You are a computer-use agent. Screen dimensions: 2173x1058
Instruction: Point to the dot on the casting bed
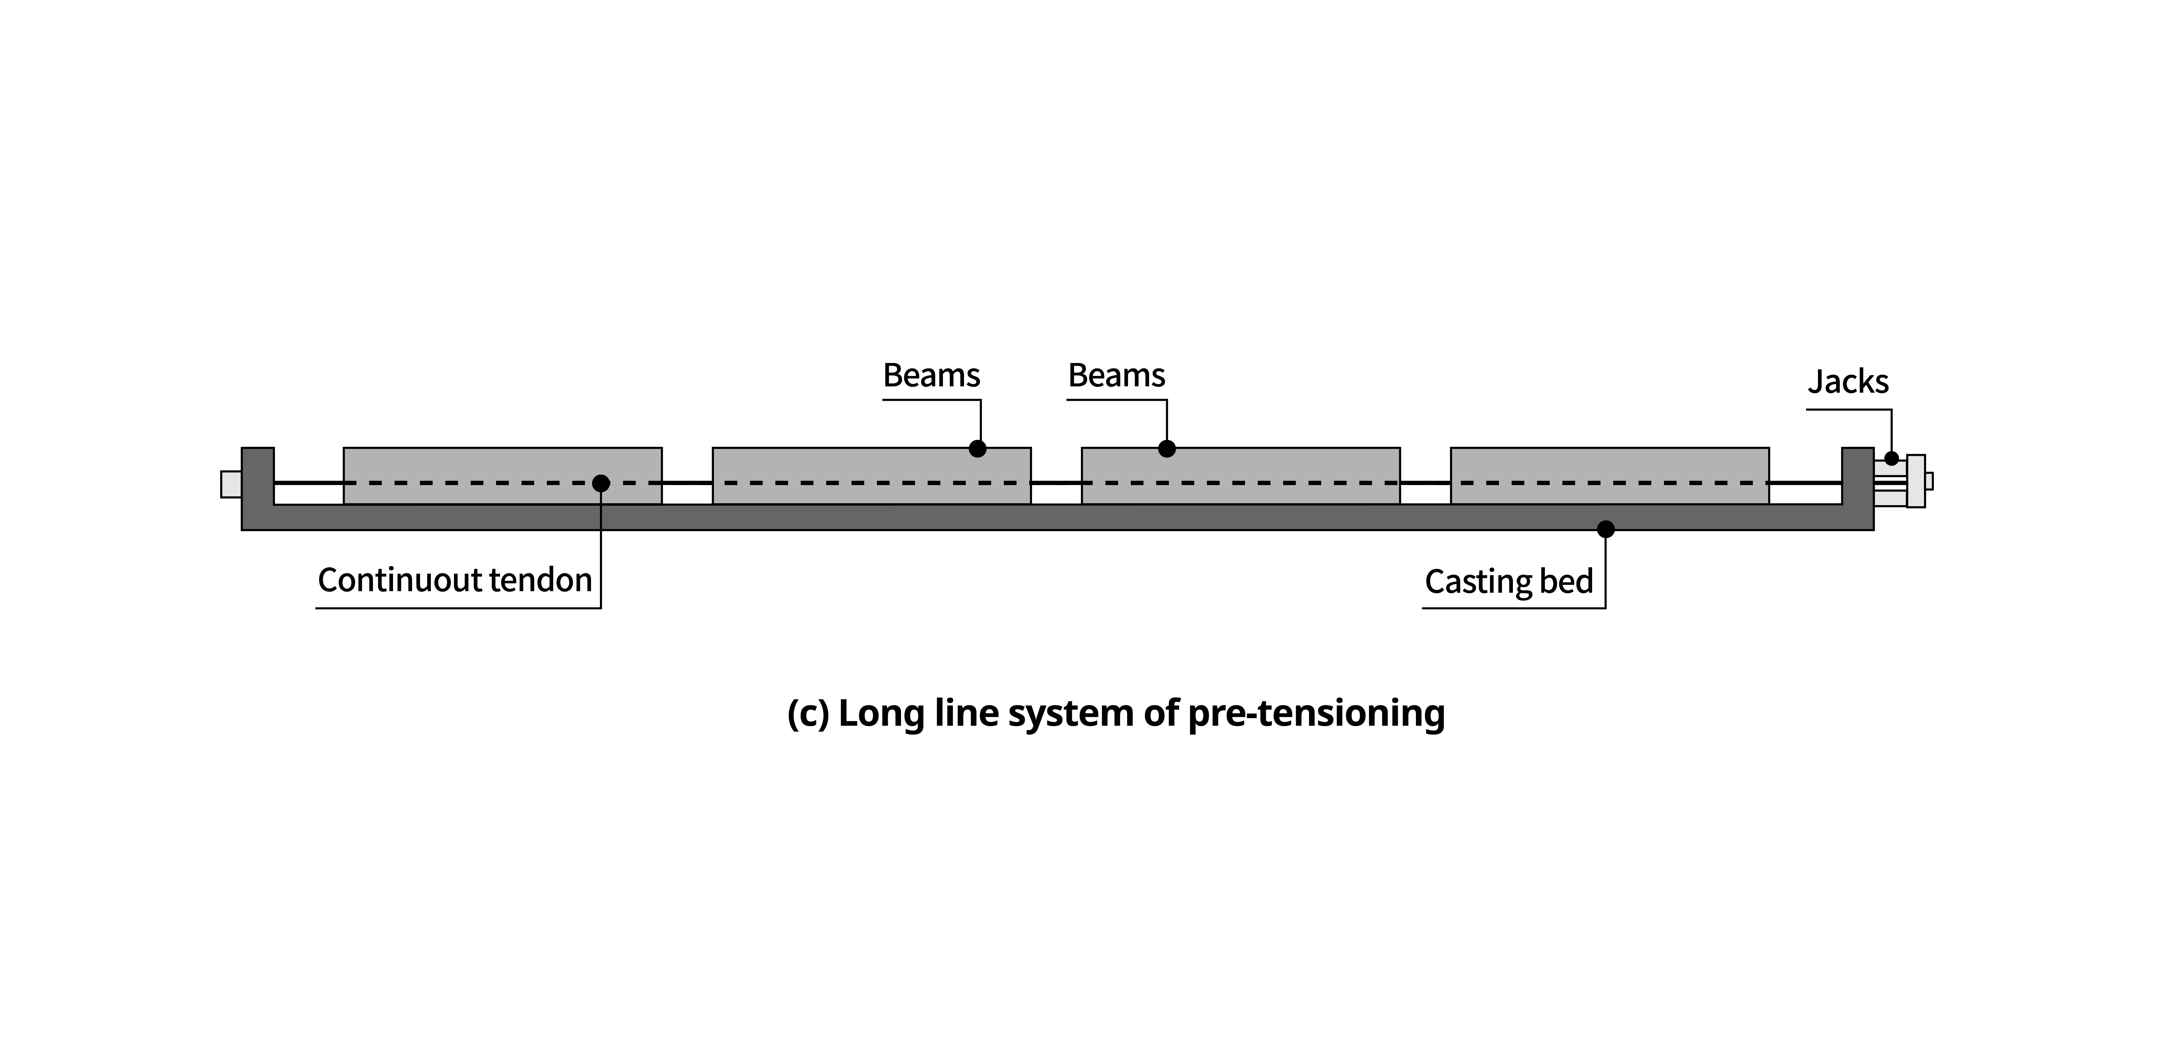[1605, 529]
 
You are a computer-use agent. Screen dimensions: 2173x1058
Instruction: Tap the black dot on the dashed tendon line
[601, 484]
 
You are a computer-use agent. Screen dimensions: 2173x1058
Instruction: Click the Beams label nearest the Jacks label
[1116, 375]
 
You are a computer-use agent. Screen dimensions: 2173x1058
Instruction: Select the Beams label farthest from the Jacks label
[931, 375]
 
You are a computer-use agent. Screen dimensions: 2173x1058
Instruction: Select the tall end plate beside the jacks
[1916, 481]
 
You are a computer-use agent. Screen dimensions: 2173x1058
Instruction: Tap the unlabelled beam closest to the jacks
[1610, 476]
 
